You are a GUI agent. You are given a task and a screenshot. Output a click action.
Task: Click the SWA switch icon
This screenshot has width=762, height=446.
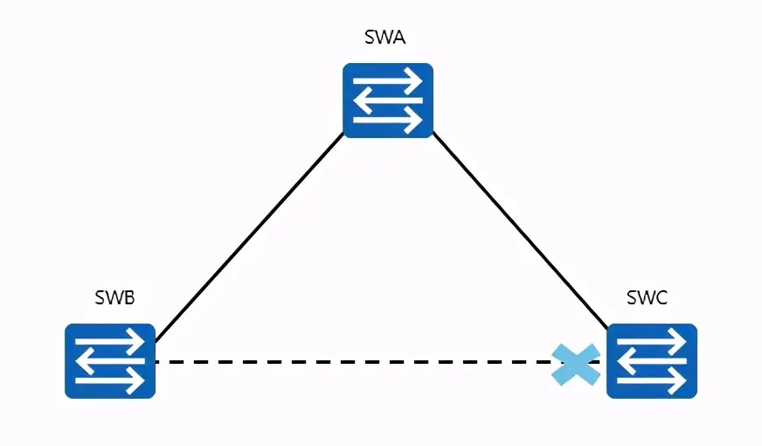[388, 100]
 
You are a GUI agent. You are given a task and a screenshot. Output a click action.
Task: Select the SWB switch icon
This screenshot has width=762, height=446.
[110, 361]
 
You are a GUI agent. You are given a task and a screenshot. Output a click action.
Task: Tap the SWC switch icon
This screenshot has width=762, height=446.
[651, 361]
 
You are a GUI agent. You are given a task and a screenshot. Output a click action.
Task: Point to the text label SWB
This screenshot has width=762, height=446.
[114, 297]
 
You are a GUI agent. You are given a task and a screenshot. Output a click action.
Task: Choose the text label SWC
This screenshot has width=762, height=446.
[647, 297]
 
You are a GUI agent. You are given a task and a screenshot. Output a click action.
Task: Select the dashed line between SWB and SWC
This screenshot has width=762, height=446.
[350, 361]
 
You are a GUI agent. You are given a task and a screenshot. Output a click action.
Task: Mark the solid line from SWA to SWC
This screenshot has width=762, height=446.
[520, 232]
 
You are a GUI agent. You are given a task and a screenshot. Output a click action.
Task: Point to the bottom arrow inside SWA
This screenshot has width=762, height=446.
[388, 119]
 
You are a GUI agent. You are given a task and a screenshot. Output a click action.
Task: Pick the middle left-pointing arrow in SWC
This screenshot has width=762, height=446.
[651, 361]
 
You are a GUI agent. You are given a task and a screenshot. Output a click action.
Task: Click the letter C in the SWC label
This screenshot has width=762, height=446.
[660, 297]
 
